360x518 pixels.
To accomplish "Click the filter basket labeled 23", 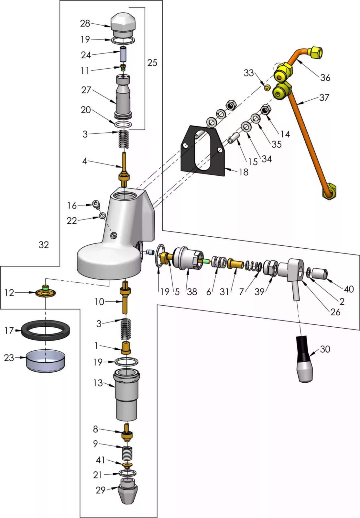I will [x=45, y=361].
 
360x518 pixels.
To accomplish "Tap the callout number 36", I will [x=325, y=78].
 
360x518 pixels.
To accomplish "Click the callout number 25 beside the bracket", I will [x=152, y=62].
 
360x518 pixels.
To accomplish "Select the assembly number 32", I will [x=44, y=245].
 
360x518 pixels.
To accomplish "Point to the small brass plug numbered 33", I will [x=267, y=88].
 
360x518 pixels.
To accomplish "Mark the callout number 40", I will [x=349, y=289].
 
